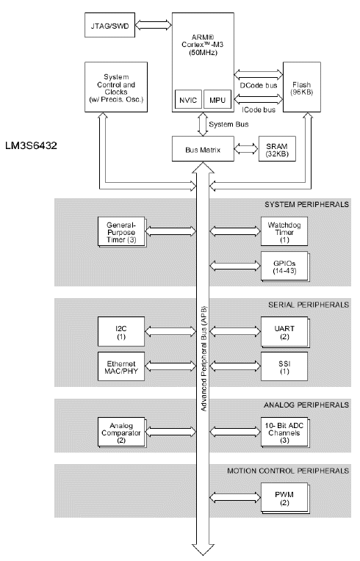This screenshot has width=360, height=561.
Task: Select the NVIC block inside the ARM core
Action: pos(187,101)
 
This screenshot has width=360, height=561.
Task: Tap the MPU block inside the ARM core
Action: pos(216,101)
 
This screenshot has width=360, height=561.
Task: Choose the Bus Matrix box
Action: pos(202,149)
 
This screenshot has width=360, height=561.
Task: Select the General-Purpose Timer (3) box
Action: pos(120,231)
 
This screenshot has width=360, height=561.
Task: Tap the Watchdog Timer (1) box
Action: pos(284,231)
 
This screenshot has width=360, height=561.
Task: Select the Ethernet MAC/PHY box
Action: pos(122,365)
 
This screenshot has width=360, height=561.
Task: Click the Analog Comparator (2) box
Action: pos(120,430)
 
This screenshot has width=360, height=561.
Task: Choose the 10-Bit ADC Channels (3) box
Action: pos(284,430)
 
